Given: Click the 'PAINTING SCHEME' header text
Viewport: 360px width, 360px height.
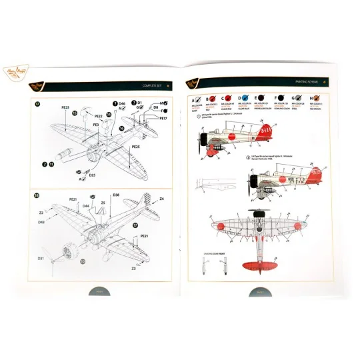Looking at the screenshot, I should pos(305,85).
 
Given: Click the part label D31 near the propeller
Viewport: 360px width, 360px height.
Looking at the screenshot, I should pos(40,258).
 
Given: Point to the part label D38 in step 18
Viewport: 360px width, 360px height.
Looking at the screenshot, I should pos(116,195).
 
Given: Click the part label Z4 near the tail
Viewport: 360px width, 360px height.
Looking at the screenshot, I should pos(161,198).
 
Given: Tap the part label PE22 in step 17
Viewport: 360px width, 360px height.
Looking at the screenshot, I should pos(97,116).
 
